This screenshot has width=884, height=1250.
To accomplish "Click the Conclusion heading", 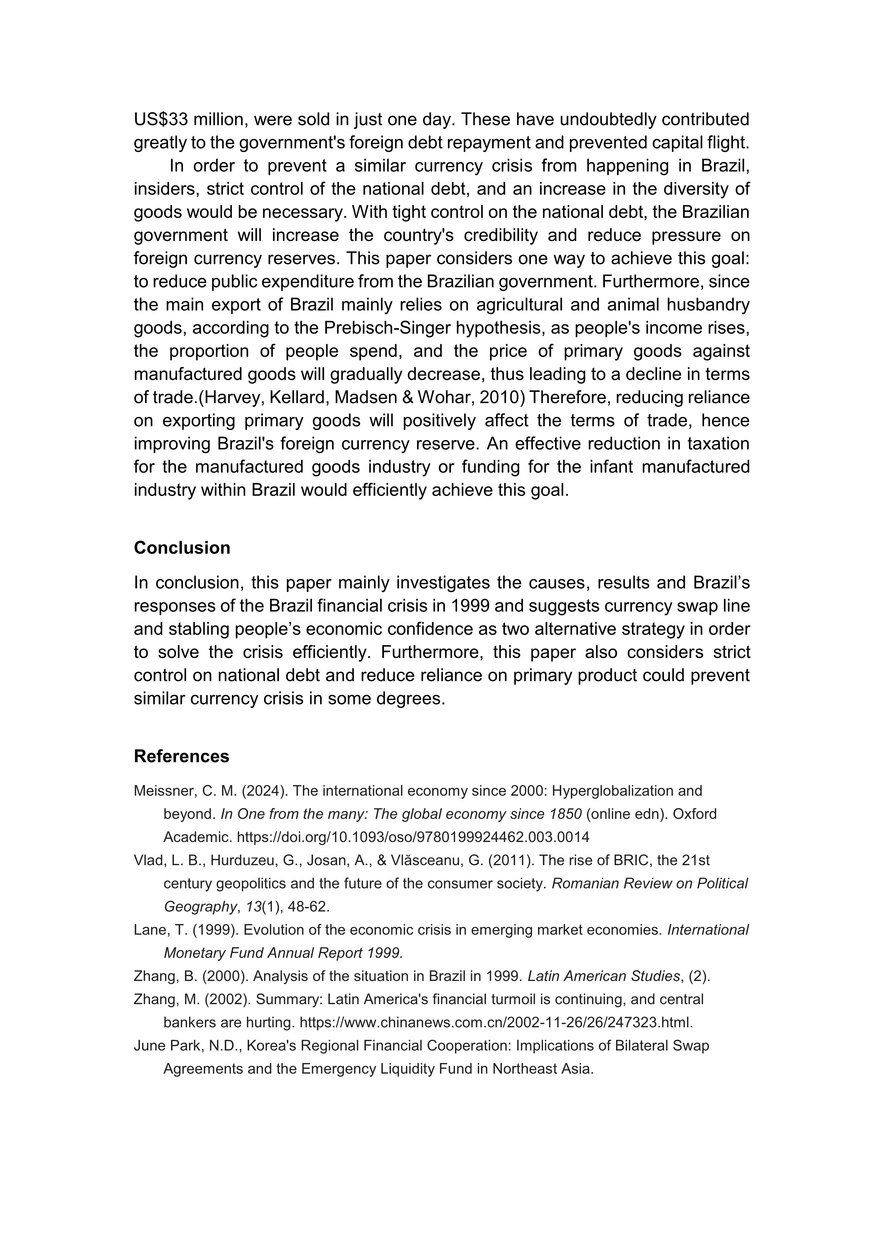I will coord(182,548).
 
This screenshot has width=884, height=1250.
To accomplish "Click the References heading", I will coord(181,756).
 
